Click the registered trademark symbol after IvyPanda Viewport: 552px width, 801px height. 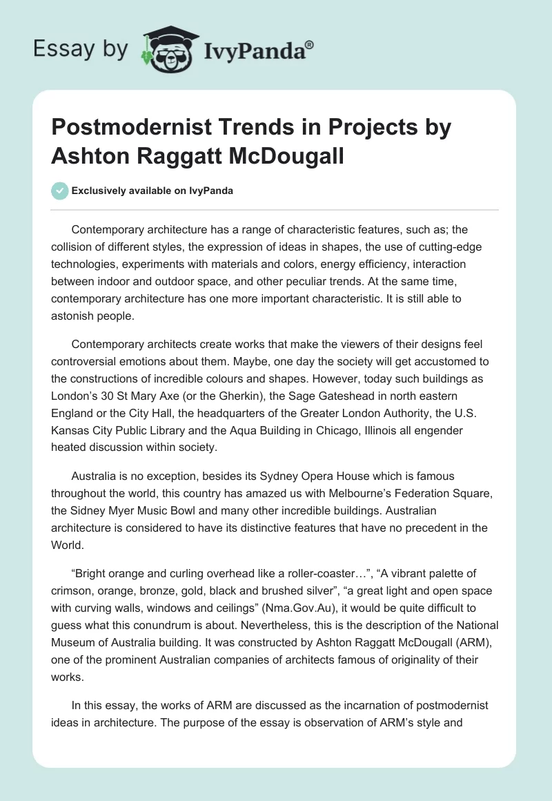[310, 45]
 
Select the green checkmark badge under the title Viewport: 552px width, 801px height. [60, 191]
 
